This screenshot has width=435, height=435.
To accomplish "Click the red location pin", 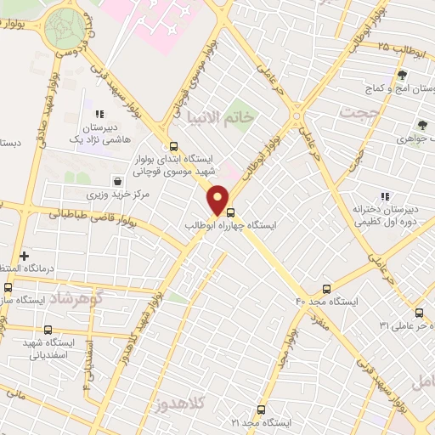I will point(218,199).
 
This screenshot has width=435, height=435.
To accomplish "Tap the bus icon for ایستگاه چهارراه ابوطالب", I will point(231,213).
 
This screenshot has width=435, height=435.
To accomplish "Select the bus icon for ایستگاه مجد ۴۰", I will point(327,289).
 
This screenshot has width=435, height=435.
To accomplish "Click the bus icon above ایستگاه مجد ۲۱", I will point(261,409).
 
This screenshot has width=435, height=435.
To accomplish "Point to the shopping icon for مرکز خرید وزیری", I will point(117,181).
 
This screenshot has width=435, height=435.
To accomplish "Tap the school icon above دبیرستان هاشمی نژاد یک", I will point(99,113).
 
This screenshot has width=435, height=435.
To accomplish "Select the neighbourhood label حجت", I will point(356,111).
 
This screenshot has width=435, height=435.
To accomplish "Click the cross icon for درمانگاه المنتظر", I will point(23,256).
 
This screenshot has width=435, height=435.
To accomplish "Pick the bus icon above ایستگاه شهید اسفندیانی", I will point(47,330).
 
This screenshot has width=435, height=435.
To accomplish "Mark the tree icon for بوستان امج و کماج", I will point(401,76).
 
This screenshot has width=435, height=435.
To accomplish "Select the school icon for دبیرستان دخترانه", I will point(384,196).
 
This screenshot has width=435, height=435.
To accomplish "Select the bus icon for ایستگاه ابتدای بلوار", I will point(174,145).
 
